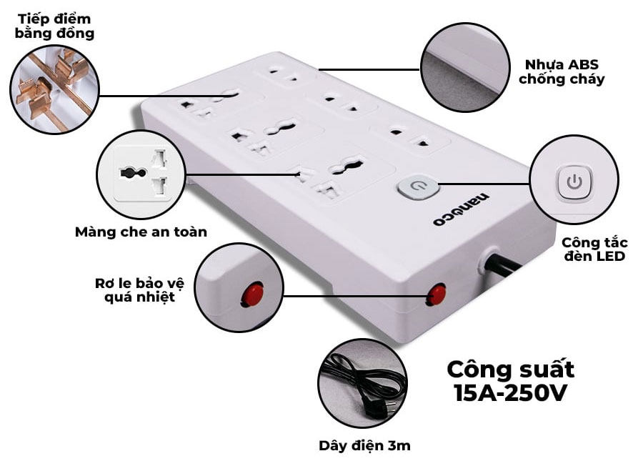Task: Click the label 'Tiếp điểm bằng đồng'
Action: pyautogui.click(x=55, y=26)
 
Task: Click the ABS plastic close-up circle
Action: pyautogui.click(x=464, y=66)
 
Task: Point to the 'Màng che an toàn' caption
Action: pyautogui.click(x=141, y=232)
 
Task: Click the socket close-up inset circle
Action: pyautogui.click(x=141, y=173)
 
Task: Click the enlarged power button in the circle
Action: pyautogui.click(x=574, y=181)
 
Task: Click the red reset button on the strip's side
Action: pyautogui.click(x=436, y=294)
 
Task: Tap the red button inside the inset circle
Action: pyautogui.click(x=252, y=293)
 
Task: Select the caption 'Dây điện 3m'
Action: pyautogui.click(x=364, y=445)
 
